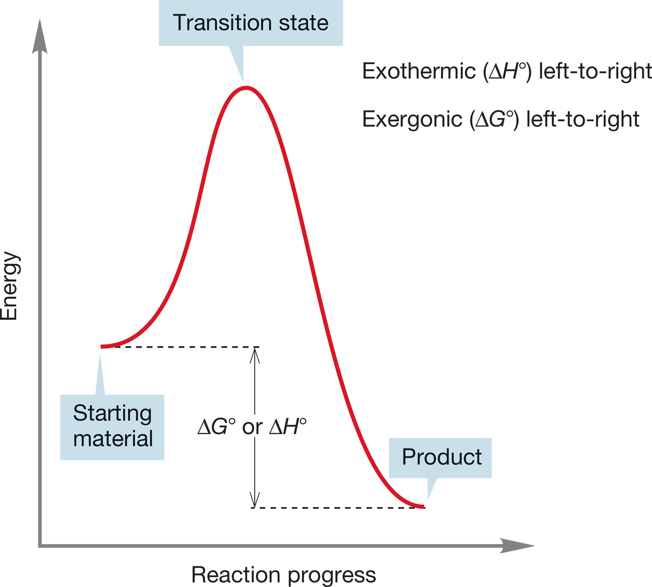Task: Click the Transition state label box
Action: click(250, 23)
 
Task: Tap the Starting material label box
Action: click(112, 427)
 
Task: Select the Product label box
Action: click(440, 458)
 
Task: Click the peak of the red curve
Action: click(246, 88)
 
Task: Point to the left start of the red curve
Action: click(102, 347)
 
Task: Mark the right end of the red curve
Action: click(423, 506)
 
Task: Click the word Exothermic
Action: click(419, 71)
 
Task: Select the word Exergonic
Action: click(412, 120)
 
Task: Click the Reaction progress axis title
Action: click(284, 575)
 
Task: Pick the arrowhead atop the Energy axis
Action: click(40, 36)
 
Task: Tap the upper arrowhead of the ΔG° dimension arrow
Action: click(254, 355)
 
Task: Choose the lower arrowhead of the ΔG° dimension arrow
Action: click(254, 499)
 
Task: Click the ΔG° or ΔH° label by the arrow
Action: click(252, 427)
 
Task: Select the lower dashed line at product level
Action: click(338, 508)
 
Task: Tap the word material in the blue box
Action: click(113, 439)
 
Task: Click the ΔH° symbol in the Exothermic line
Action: click(507, 71)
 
